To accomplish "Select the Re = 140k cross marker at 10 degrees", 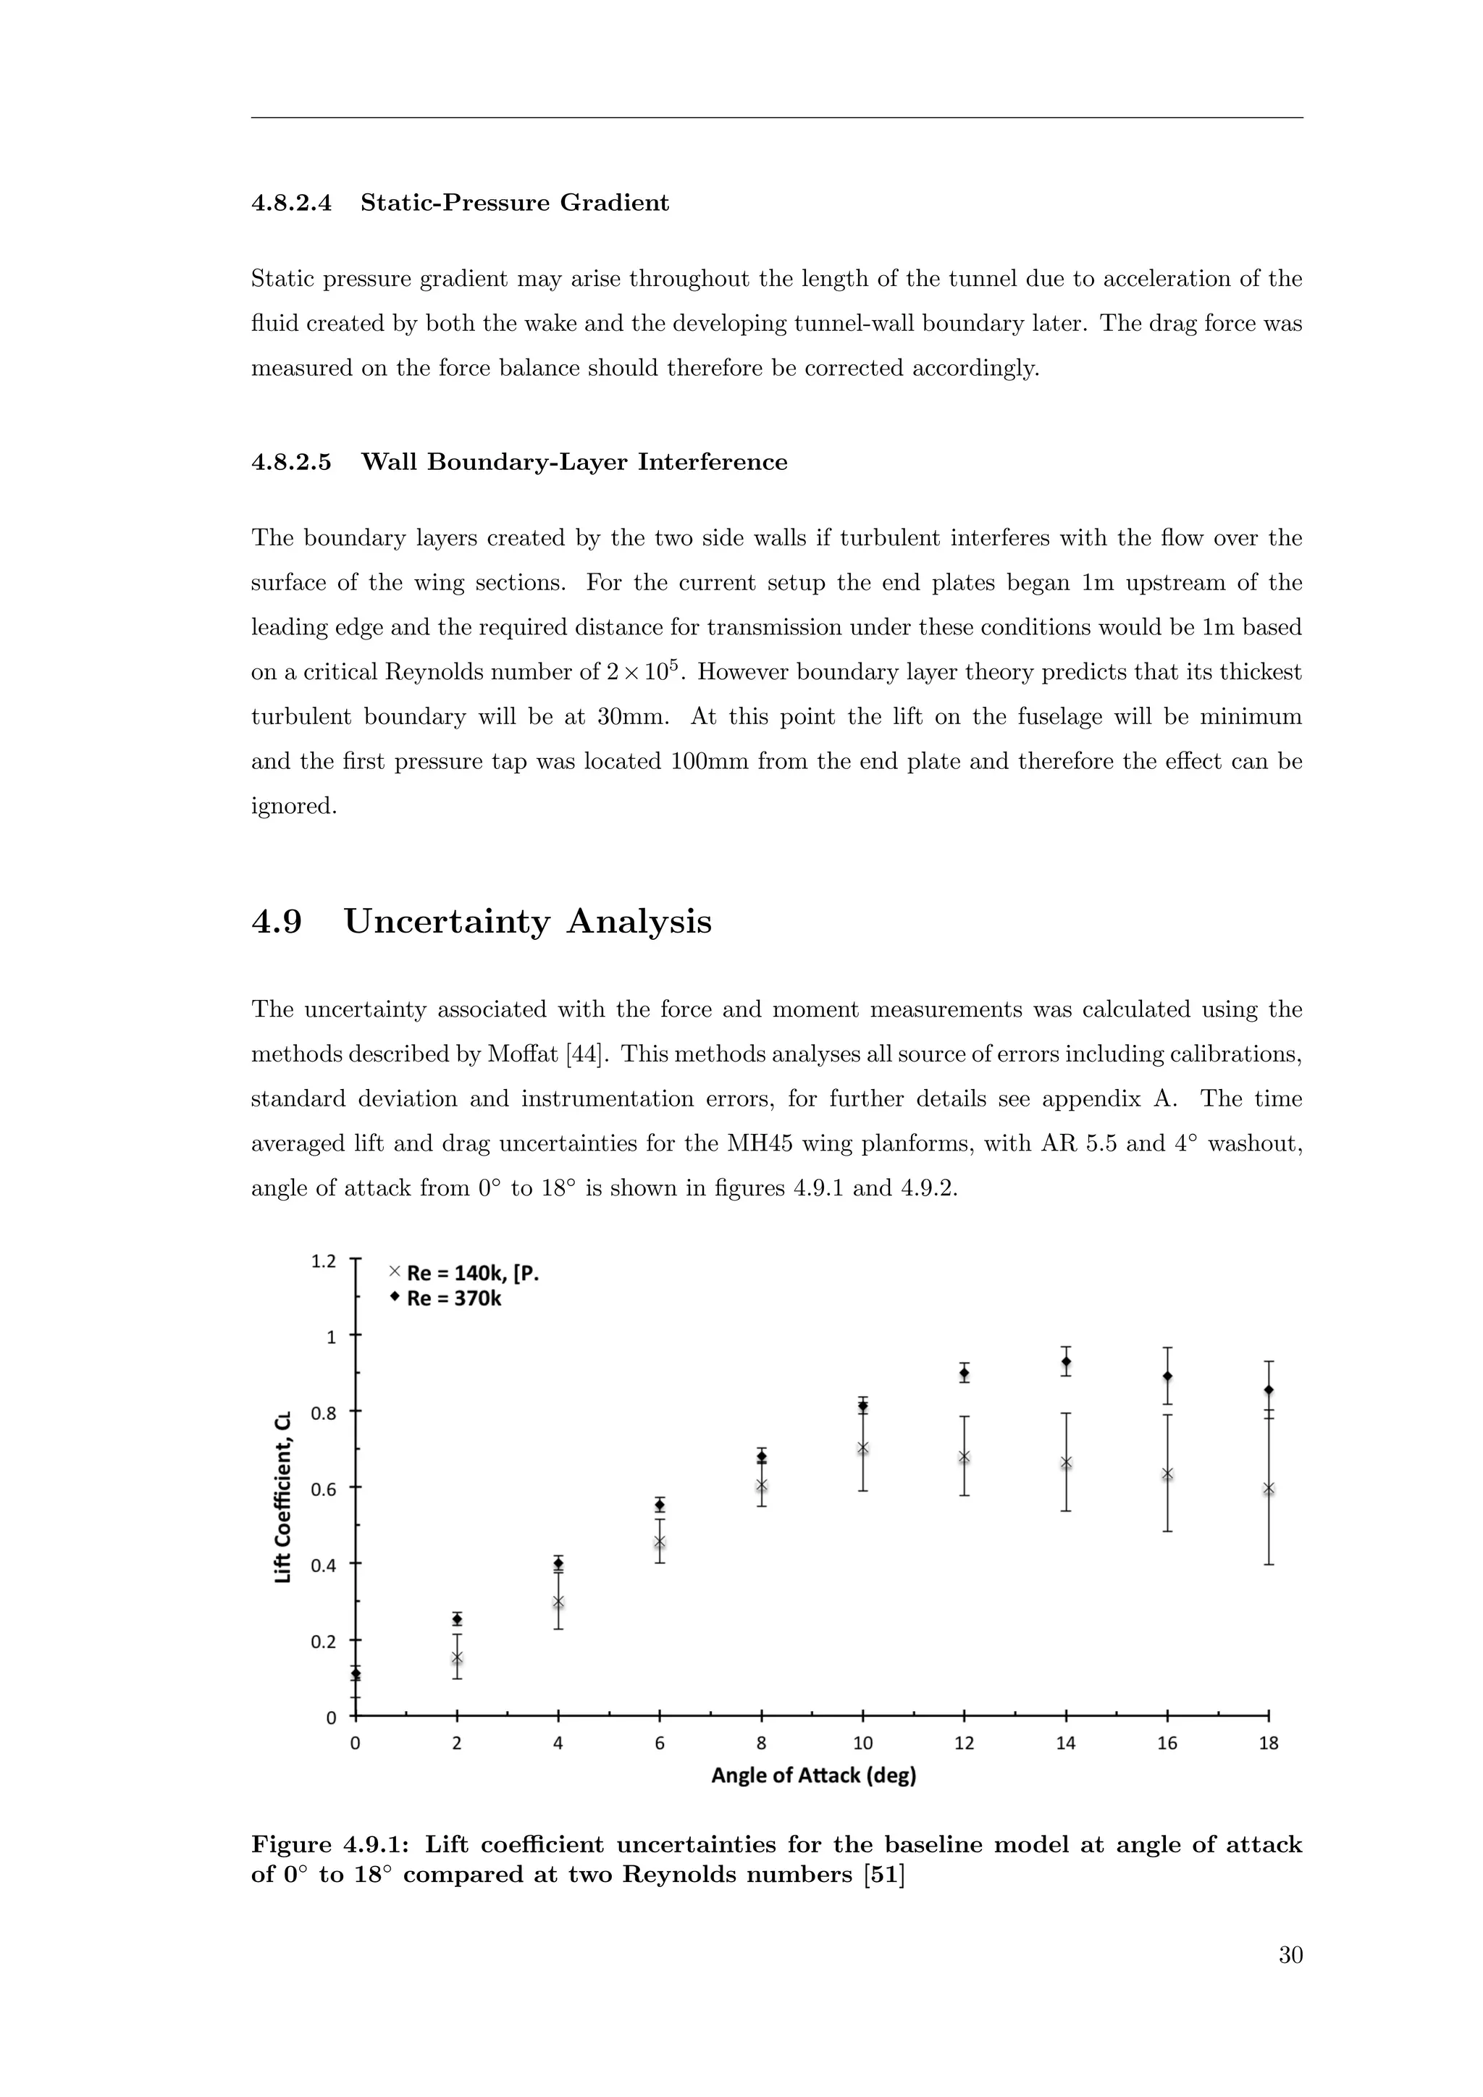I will tap(863, 1447).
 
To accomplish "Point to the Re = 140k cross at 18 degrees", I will tap(1269, 1489).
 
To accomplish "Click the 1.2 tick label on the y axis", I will tap(323, 1261).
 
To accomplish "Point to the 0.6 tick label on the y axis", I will tap(323, 1489).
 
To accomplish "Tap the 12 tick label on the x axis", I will tap(965, 1744).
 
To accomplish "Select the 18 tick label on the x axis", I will tap(1269, 1744).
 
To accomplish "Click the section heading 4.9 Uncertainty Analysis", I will tap(482, 922).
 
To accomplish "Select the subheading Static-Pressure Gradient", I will tap(514, 203).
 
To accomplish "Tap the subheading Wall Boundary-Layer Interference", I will tap(574, 462).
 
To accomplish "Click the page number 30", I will tap(1290, 1955).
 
